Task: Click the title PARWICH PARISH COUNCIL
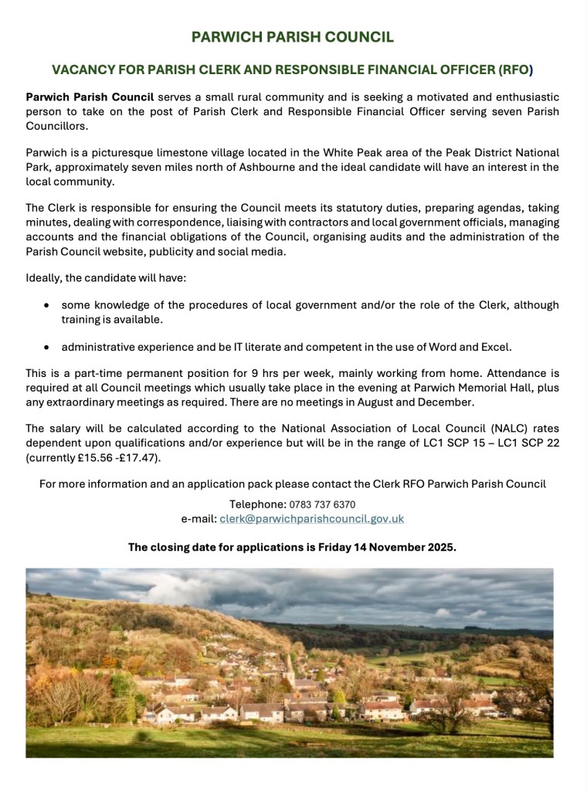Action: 293,37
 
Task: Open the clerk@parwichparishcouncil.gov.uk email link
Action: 311,519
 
